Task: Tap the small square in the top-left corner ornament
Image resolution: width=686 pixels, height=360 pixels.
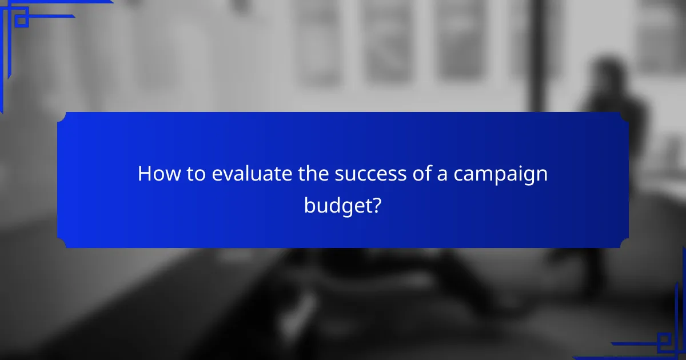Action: (21, 21)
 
